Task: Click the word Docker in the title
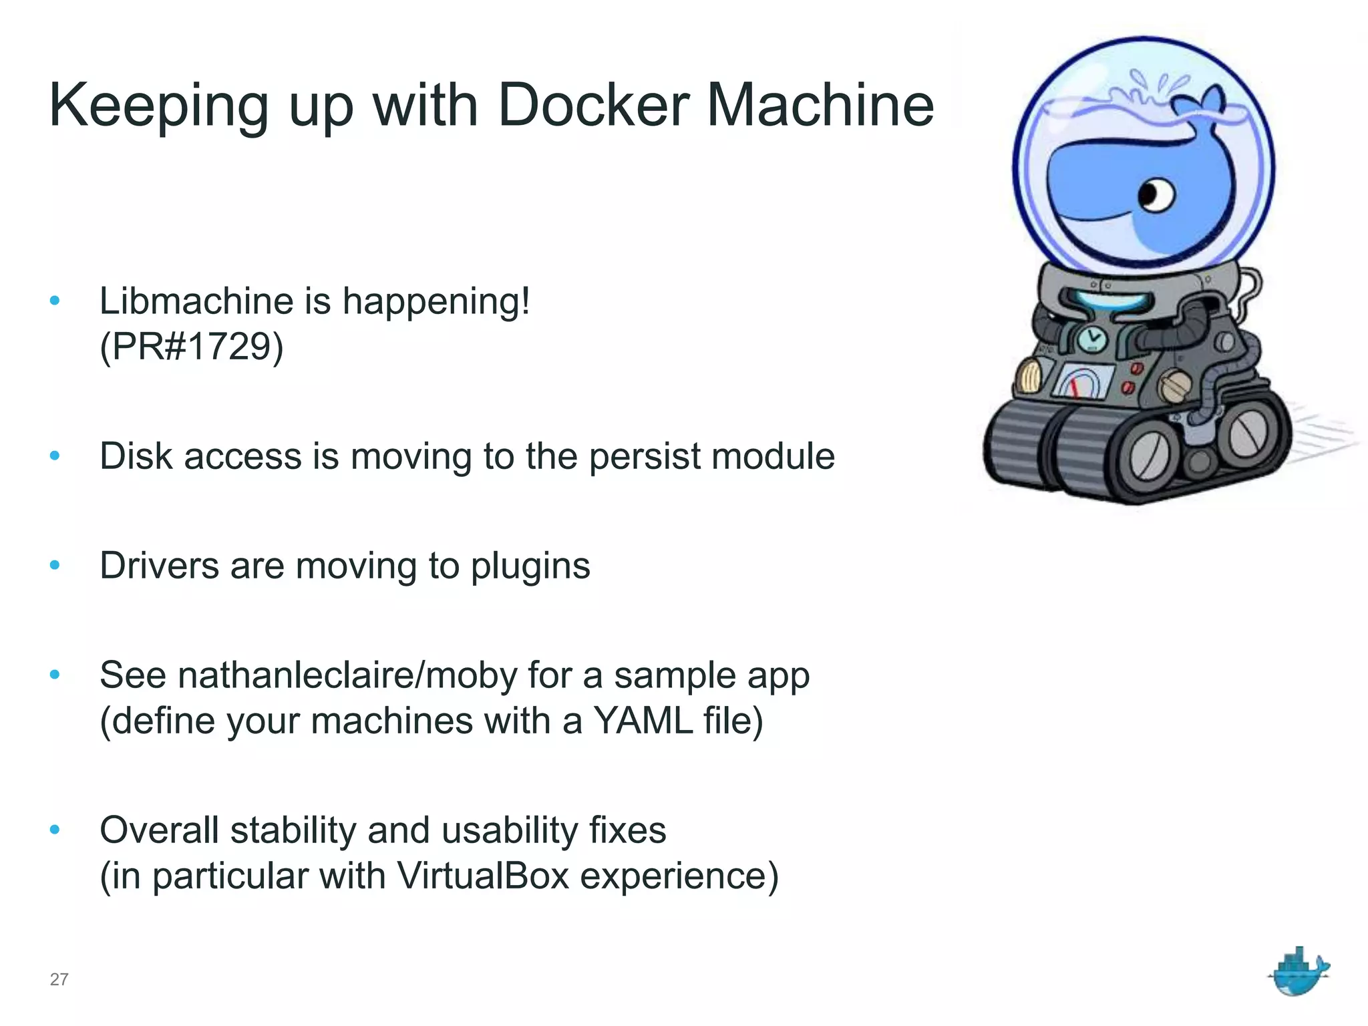click(x=593, y=105)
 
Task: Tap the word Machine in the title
click(x=820, y=105)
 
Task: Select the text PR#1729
click(x=192, y=347)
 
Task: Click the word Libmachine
click(x=196, y=301)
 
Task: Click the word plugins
click(x=530, y=567)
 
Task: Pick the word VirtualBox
click(x=483, y=876)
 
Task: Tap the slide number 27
click(x=59, y=979)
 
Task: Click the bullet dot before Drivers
click(x=55, y=566)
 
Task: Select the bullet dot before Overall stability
click(x=55, y=830)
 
